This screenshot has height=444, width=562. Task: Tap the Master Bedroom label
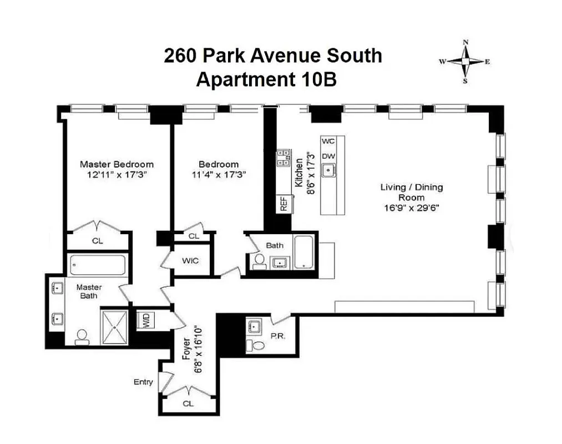pyautogui.click(x=117, y=164)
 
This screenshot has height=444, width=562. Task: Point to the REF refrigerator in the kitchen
pyautogui.click(x=284, y=203)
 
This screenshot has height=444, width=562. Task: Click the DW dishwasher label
pyautogui.click(x=328, y=156)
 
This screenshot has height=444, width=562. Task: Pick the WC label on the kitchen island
pyautogui.click(x=328, y=142)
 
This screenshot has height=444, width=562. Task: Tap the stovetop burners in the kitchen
pyautogui.click(x=284, y=158)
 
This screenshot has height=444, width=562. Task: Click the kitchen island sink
pyautogui.click(x=329, y=171)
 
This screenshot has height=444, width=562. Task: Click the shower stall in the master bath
pyautogui.click(x=114, y=327)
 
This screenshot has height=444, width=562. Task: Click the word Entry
pyautogui.click(x=143, y=382)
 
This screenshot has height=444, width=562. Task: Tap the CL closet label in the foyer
pyautogui.click(x=188, y=404)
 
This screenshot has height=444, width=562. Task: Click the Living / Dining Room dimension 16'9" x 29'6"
pyautogui.click(x=411, y=208)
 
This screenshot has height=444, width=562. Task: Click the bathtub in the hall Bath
pyautogui.click(x=305, y=253)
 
